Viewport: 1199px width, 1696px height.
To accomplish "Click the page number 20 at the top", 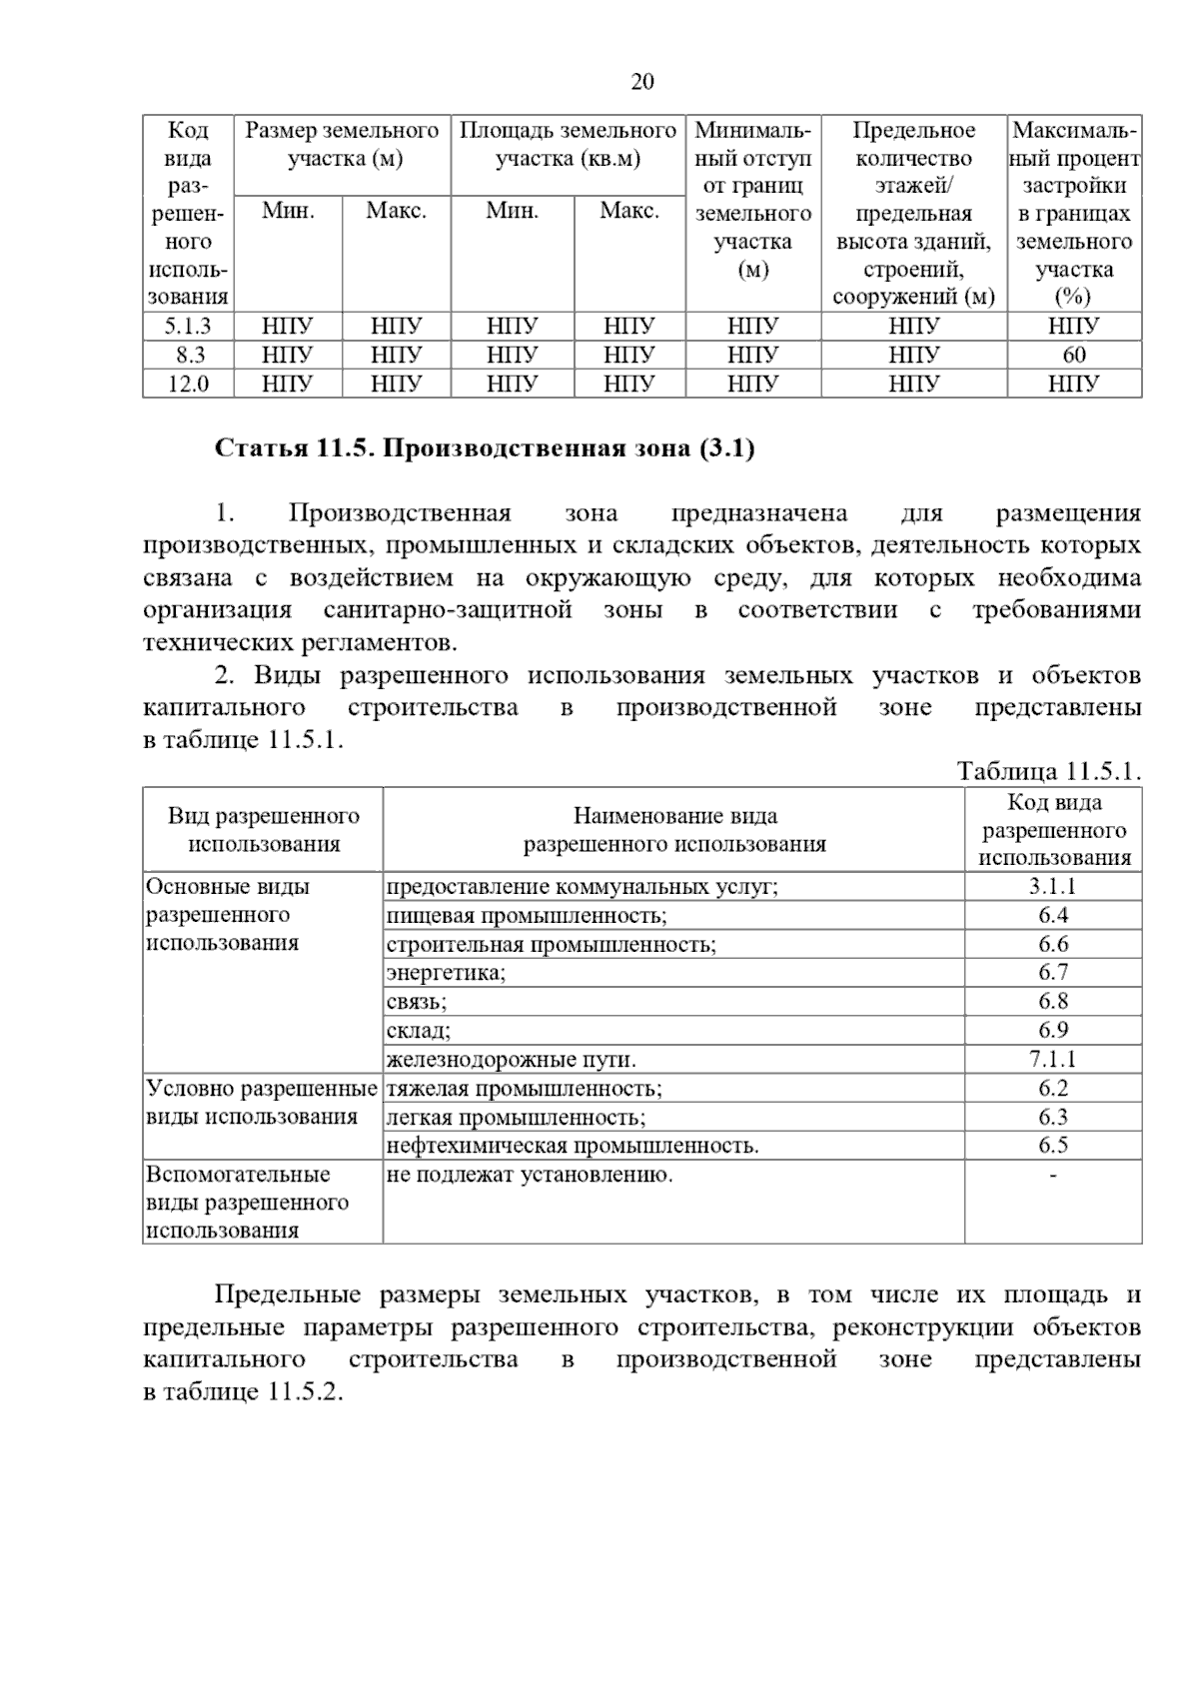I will coord(642,82).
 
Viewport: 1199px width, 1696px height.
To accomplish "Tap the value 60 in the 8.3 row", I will coord(1074,355).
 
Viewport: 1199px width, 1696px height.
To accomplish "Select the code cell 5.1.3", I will coord(188,326).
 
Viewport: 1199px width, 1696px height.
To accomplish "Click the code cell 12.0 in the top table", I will coord(188,384).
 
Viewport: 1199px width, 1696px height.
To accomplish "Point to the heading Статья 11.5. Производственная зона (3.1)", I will coord(485,448).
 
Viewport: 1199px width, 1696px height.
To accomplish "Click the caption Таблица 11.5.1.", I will coord(1048,771).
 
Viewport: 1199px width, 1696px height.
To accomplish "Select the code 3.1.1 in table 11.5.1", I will coord(1053,886).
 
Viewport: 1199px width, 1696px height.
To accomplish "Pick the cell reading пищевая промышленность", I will coord(527,915).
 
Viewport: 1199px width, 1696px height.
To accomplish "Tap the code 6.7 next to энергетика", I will coord(1053,972).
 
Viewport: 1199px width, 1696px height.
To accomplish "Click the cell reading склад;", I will coord(419,1030).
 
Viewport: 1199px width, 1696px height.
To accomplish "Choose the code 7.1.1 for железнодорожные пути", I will coord(1053,1059).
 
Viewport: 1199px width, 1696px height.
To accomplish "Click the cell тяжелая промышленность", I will coord(525,1088).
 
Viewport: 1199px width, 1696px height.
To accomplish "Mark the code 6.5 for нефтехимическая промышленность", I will coord(1053,1146).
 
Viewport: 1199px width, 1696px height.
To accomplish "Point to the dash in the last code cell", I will coord(1053,1176).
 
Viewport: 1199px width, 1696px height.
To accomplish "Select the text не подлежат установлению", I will coord(530,1175).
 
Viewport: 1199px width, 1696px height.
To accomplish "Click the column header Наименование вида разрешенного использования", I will coord(674,830).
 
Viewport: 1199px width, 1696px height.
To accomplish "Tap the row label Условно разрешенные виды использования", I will coord(262,1103).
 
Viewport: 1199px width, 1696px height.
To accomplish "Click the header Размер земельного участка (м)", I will coord(343,144).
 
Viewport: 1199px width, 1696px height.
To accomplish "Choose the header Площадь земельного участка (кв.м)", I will coord(568,144).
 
